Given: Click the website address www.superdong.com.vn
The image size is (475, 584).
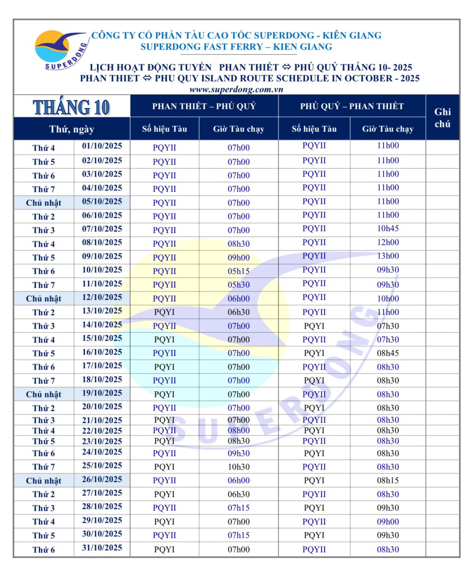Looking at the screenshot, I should pos(236,89).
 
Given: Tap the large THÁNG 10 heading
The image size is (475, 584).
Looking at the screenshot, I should pos(71,107).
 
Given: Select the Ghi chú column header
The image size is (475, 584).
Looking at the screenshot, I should pos(442,118).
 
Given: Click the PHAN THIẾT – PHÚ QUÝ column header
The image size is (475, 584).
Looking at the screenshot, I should pos(204,106).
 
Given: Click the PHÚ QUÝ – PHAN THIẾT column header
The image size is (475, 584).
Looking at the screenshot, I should pos(351,106).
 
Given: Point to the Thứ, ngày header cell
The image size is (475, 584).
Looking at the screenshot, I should pos(71,129).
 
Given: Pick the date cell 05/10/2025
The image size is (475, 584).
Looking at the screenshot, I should pos(102,202).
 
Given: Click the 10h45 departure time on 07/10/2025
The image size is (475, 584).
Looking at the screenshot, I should pos(388,229).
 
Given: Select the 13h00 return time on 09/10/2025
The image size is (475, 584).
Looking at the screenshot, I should pos(388,256).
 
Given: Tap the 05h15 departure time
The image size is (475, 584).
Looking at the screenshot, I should pos(238,271).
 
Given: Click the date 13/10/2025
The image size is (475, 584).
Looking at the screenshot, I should pos(102,311).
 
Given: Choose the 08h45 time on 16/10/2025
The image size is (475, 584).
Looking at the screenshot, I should pos(388,353).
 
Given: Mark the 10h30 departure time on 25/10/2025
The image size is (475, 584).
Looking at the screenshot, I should pos(238,467).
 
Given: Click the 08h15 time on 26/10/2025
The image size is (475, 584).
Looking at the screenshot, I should pos(388,480).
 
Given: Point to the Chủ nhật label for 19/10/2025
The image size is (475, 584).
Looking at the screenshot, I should pos(44,394).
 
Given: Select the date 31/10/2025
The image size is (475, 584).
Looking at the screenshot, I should pos(102,548).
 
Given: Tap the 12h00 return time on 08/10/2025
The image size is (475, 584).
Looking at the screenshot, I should pos(388,243).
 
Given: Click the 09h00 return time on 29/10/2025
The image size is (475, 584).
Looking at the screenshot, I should pos(388,522).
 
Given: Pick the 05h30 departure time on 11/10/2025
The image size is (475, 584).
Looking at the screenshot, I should pos(238,285).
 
